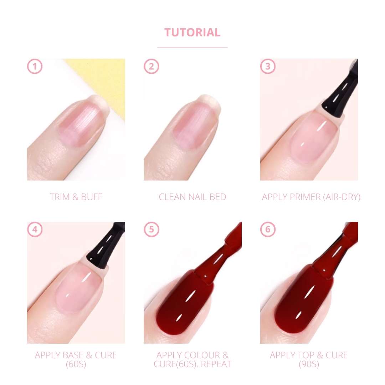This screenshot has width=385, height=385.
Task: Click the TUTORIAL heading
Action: [192, 32]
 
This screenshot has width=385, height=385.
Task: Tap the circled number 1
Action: [35, 66]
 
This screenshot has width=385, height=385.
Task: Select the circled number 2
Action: [151, 66]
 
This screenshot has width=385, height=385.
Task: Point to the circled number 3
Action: [268, 66]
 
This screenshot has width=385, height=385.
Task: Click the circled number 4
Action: [35, 229]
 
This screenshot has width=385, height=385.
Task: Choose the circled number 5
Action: [151, 229]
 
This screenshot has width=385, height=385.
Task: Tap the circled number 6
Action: [268, 229]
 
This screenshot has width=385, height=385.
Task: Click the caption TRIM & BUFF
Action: [76, 197]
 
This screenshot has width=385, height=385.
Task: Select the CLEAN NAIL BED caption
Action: [192, 197]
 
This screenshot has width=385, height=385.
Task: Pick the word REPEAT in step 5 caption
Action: [216, 364]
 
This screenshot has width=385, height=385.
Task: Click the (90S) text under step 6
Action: [309, 364]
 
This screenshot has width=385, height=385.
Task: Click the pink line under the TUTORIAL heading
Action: [192, 47]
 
